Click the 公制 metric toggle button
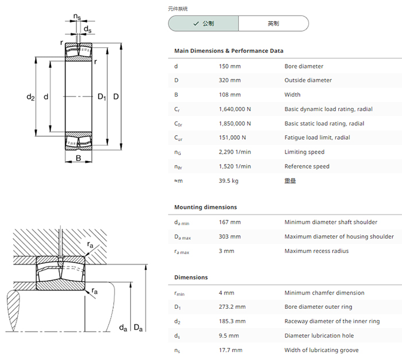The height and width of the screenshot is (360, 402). [203, 24]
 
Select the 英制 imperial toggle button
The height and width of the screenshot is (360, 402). [273, 24]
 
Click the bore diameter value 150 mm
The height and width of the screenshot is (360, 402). [230, 66]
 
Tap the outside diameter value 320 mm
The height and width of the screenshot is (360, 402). [230, 81]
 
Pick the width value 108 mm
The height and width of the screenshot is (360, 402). [230, 95]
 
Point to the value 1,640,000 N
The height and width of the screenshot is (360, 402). [235, 109]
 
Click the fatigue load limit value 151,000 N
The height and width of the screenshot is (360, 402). [232, 137]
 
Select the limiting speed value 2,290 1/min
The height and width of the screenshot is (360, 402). [235, 152]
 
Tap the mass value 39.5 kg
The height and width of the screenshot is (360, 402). [229, 181]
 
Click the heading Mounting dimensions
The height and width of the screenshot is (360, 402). [206, 207]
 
